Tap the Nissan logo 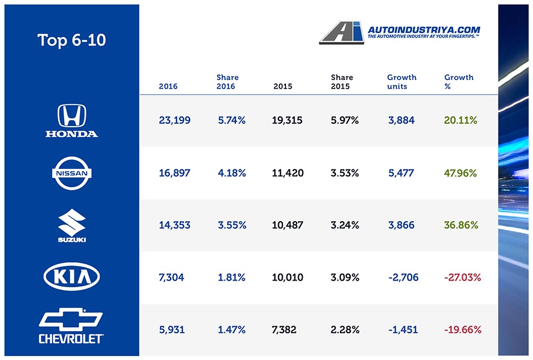pyautogui.click(x=71, y=173)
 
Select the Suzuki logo pyautogui.click(x=71, y=226)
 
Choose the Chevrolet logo pyautogui.click(x=71, y=326)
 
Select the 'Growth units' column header pyautogui.click(x=401, y=82)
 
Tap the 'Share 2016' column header pyautogui.click(x=228, y=82)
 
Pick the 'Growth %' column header pyautogui.click(x=459, y=82)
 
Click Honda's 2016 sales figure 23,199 pyautogui.click(x=174, y=120)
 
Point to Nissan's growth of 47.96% pyautogui.click(x=460, y=173)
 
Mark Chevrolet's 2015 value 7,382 pyautogui.click(x=284, y=329)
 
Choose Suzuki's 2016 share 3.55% pyautogui.click(x=232, y=225)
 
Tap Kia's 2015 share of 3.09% pyautogui.click(x=345, y=277)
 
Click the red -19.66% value pyautogui.click(x=462, y=329)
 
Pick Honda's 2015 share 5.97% pyautogui.click(x=345, y=120)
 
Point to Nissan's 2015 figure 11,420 pyautogui.click(x=288, y=173)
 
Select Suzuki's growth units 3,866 pyautogui.click(x=401, y=225)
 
